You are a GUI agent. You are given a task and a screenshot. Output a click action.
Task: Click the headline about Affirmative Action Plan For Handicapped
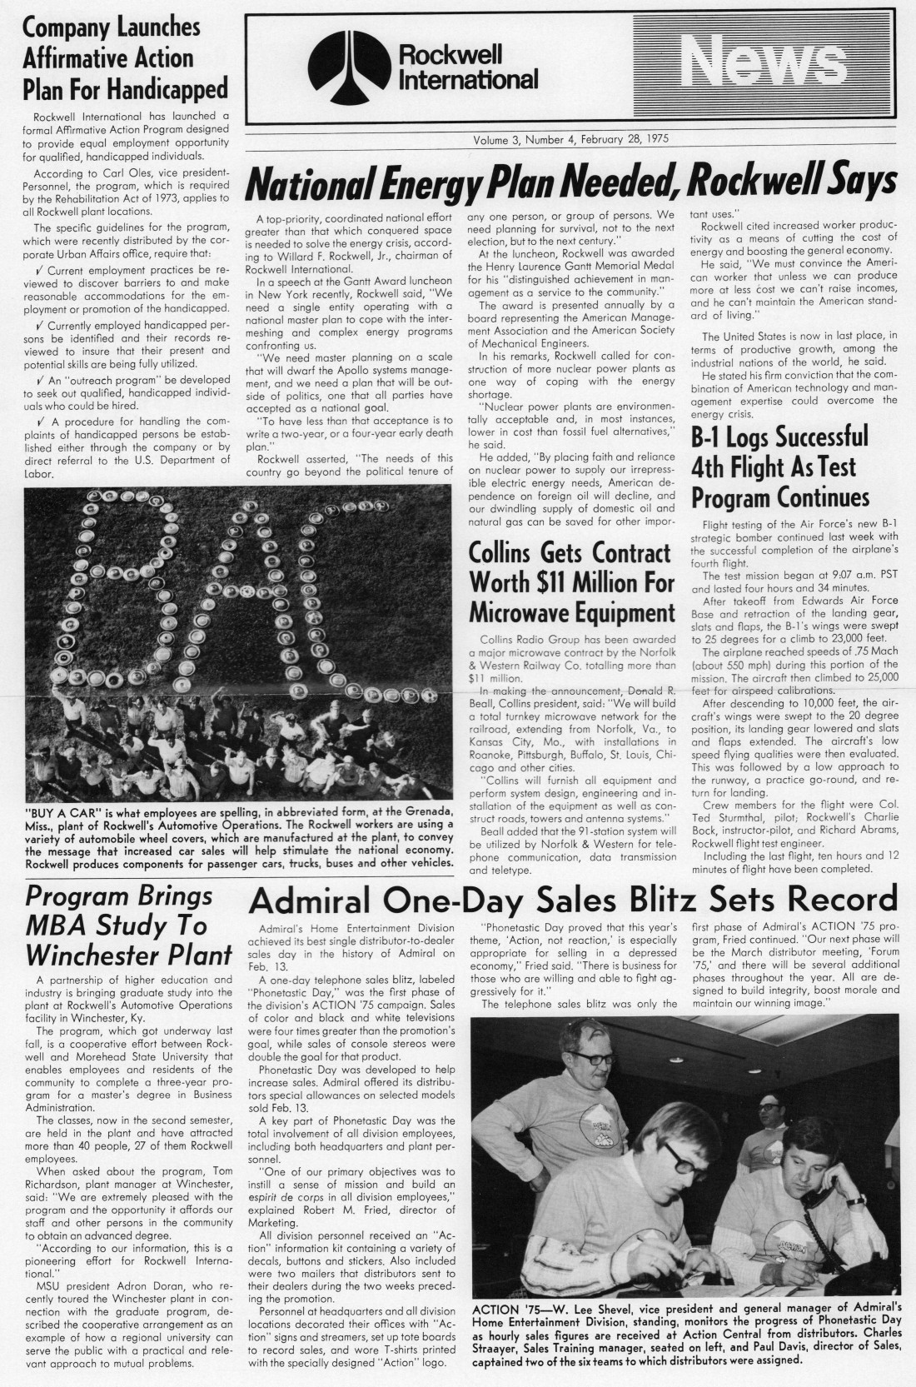click(x=112, y=58)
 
